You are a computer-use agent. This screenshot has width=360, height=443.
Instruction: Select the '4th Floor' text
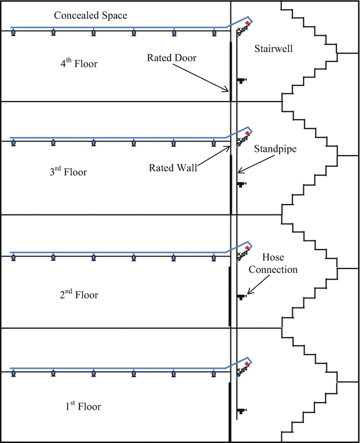click(x=81, y=64)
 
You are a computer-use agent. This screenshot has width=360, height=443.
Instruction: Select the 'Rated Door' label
click(x=171, y=57)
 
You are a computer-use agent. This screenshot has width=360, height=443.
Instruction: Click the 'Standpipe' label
click(x=276, y=149)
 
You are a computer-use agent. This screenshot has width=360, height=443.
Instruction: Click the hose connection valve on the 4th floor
click(x=242, y=80)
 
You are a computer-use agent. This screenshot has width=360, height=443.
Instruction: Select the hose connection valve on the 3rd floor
click(x=242, y=184)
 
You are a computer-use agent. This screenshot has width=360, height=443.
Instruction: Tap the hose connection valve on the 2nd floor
click(x=242, y=297)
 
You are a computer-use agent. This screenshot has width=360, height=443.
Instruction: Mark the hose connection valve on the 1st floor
click(x=242, y=410)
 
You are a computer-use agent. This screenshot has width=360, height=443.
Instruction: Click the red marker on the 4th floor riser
click(x=247, y=23)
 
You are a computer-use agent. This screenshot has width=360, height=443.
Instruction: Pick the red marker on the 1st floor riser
click(x=247, y=363)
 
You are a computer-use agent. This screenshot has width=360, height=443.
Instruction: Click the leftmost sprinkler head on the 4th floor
click(x=13, y=33)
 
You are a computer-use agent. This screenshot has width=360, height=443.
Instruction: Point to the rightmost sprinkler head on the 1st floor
click(x=214, y=374)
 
